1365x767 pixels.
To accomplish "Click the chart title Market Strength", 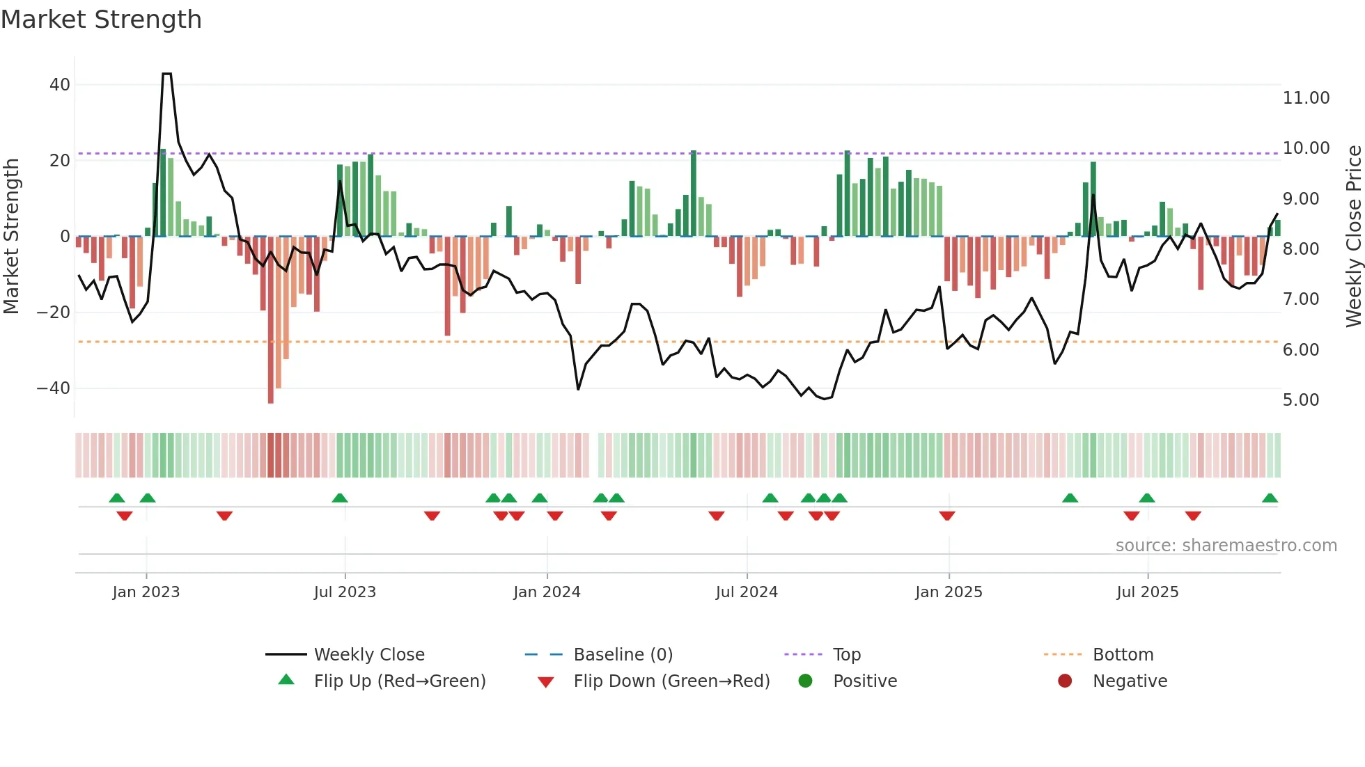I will point(101,19).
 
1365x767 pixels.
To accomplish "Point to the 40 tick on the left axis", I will point(60,85).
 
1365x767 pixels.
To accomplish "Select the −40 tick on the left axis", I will point(54,388).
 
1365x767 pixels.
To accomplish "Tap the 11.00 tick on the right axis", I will point(1306,98).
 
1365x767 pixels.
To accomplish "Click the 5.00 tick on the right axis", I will point(1301,400).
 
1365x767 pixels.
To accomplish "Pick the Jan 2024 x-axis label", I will point(547,592).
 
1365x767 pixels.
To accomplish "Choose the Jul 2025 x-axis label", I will point(1147,592).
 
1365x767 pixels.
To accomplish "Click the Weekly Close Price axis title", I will point(1353,236).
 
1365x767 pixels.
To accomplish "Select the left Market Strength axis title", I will point(12,236).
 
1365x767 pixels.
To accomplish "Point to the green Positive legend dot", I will point(806,681).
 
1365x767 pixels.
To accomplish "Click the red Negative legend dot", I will point(1065,681).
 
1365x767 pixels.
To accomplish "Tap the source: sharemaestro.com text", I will point(1226,546).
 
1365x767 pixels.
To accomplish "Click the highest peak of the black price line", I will point(166,74).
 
